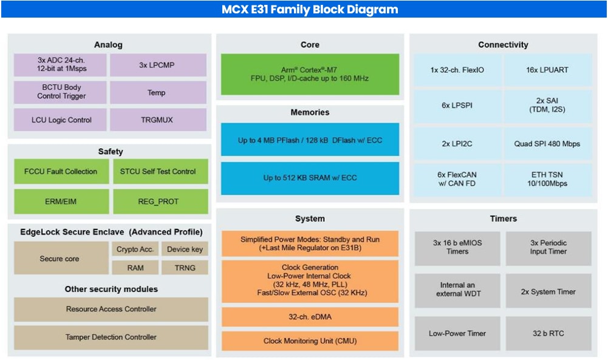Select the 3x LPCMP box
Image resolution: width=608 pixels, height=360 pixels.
(x=157, y=65)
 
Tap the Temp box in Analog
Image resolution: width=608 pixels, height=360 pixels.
(x=157, y=92)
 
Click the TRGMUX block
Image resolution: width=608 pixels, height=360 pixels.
(x=157, y=120)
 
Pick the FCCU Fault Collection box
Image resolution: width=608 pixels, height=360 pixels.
(x=60, y=171)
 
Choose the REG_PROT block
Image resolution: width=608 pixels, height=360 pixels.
(x=160, y=202)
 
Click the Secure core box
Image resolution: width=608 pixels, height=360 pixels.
(x=60, y=259)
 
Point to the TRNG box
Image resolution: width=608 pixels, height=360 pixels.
(x=185, y=267)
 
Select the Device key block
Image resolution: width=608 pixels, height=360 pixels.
(x=185, y=249)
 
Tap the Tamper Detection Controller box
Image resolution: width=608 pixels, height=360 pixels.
(x=111, y=337)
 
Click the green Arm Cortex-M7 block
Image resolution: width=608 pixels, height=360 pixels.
(x=310, y=74)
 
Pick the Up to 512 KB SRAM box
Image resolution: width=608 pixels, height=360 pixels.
(x=310, y=178)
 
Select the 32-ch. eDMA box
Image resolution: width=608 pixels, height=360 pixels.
(x=310, y=317)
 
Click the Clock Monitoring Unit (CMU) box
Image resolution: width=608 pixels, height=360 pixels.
(x=310, y=341)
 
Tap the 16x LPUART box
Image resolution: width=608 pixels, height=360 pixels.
(x=547, y=70)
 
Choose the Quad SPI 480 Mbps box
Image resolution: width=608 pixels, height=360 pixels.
(x=547, y=144)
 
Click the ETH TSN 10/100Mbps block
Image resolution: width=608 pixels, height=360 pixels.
(x=547, y=178)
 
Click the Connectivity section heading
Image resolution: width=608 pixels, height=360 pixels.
(x=503, y=45)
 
